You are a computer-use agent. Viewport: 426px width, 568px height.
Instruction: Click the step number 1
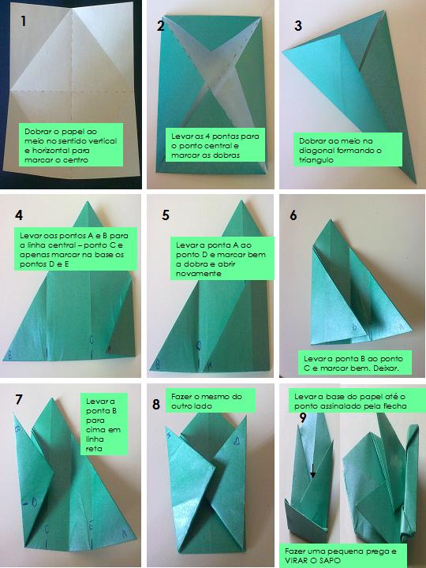(24, 21)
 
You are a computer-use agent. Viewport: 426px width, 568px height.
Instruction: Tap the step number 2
(161, 26)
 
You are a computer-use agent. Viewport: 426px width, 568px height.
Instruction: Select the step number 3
(298, 26)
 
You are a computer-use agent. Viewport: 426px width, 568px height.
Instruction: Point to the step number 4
(19, 215)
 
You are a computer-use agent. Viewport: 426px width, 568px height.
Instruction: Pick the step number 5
(166, 215)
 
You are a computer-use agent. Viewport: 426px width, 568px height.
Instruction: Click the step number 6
(293, 215)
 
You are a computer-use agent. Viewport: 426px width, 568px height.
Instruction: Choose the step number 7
(19, 399)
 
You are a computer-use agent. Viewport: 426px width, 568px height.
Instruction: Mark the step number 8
(156, 404)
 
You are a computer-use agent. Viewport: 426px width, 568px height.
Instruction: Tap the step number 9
(303, 417)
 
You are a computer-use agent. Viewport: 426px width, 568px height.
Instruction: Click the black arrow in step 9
(312, 470)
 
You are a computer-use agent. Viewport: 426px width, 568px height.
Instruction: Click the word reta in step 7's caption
(94, 449)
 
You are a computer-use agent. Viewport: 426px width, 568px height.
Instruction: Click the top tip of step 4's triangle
(88, 202)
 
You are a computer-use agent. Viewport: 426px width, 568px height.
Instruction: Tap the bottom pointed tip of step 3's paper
(414, 183)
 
